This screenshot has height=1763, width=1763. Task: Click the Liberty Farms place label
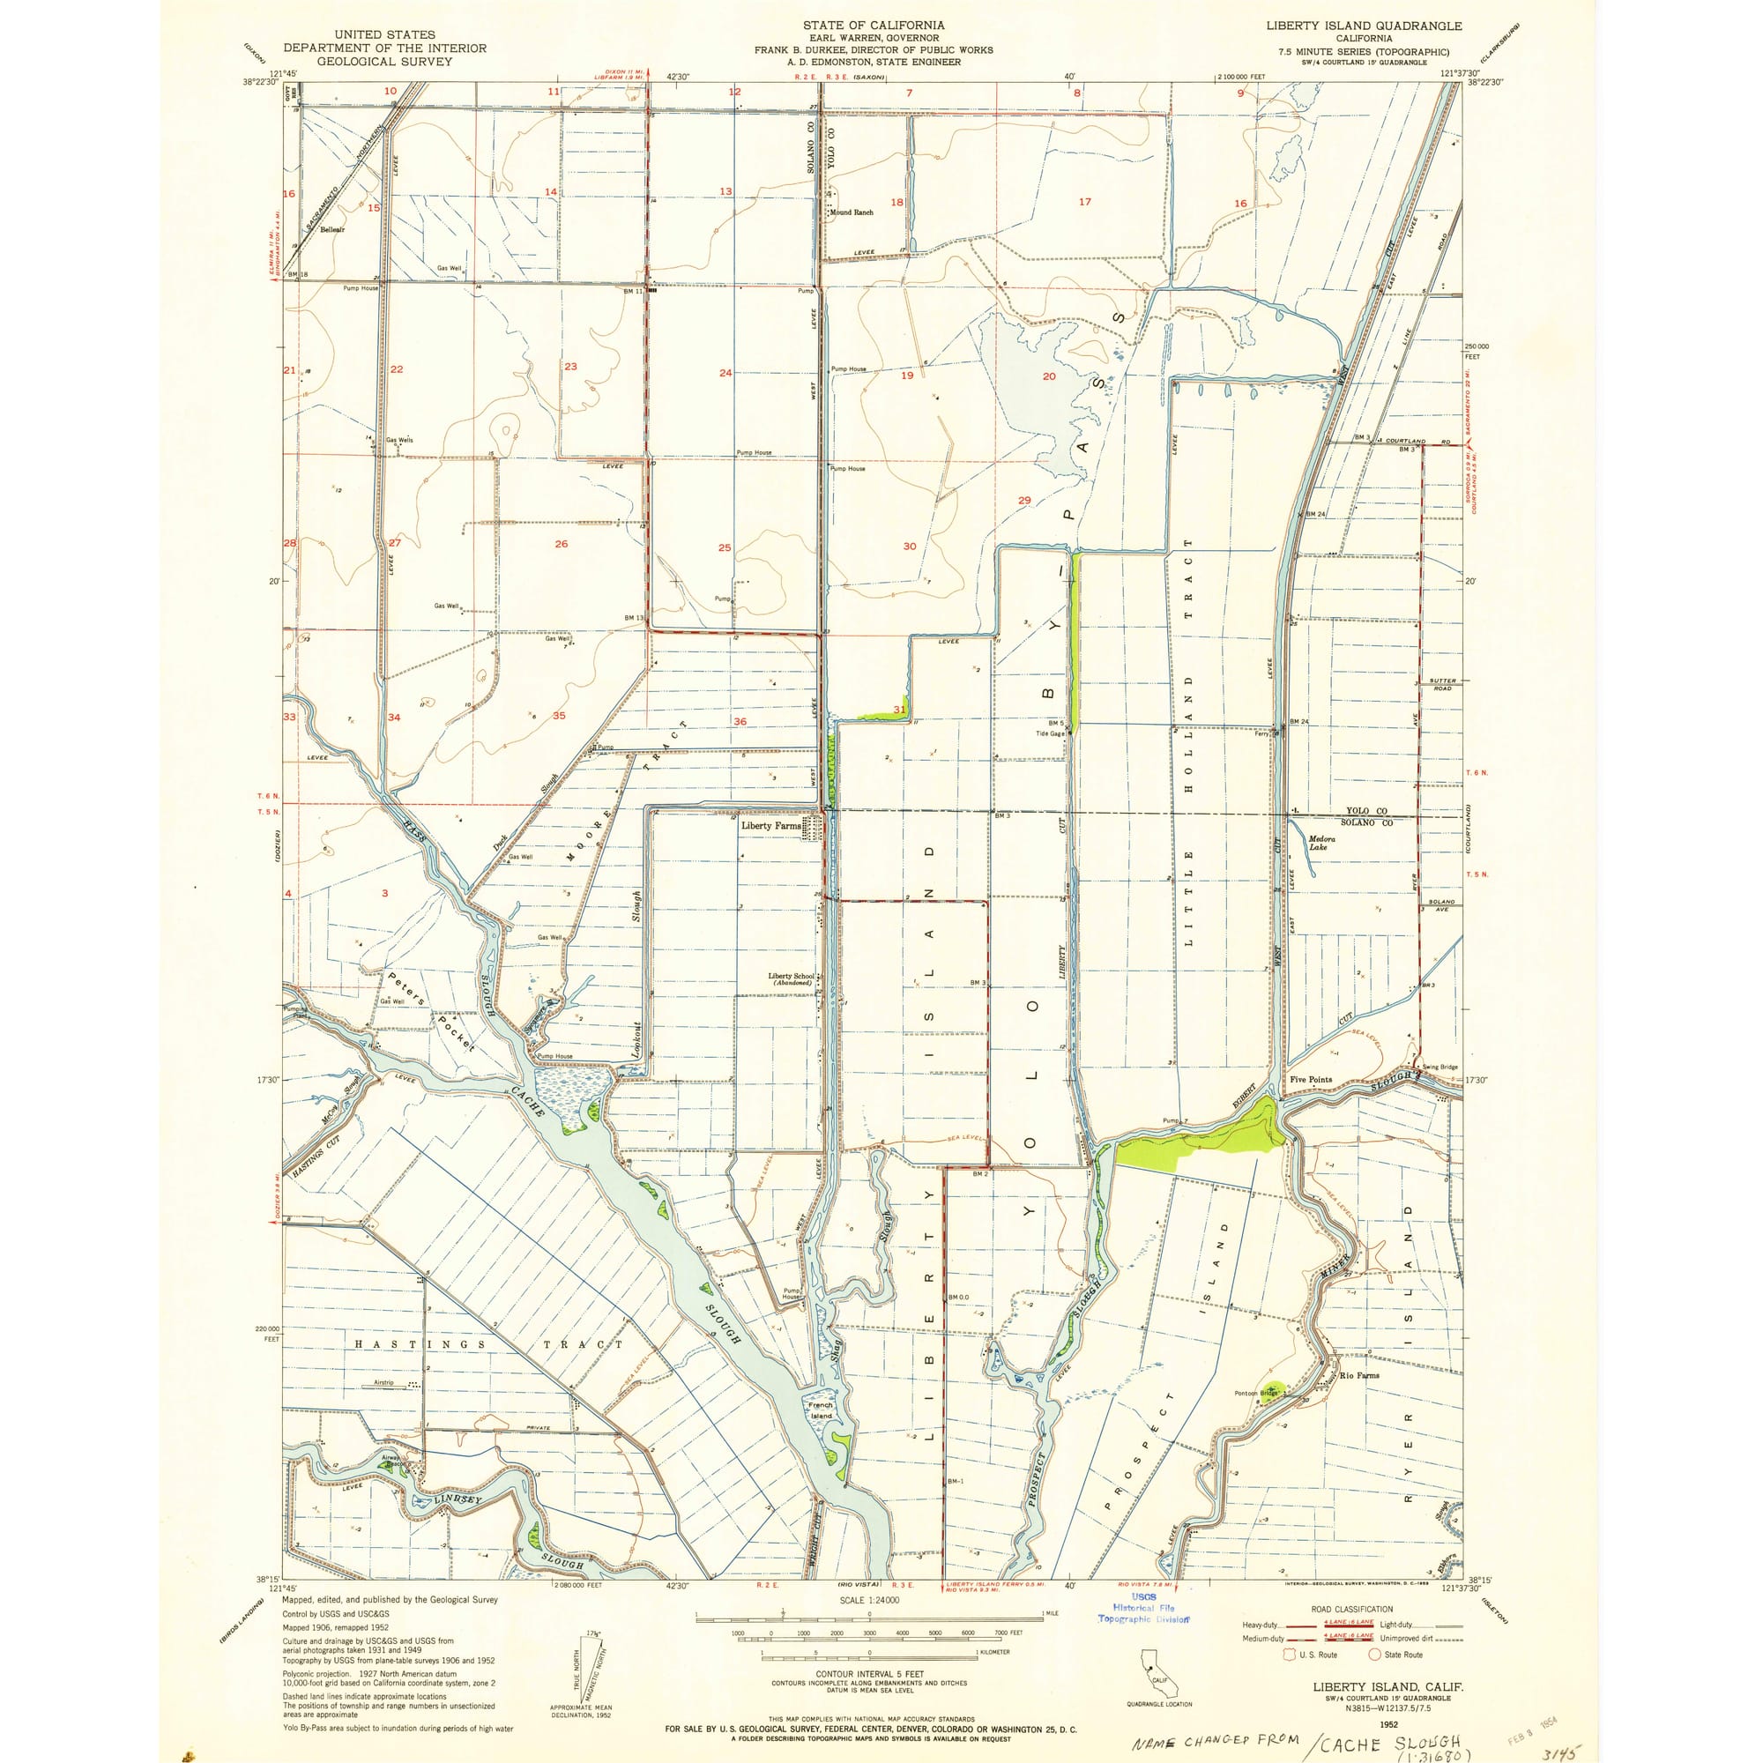point(770,825)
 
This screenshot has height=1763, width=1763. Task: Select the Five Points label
point(1311,1080)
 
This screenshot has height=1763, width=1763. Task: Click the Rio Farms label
point(1359,1375)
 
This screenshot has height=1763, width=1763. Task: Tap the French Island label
point(821,1410)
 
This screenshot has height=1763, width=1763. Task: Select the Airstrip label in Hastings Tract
point(383,1382)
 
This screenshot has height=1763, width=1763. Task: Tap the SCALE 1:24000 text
point(869,1601)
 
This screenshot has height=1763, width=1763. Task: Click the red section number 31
point(900,709)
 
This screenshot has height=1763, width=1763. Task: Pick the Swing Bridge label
point(1440,1067)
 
